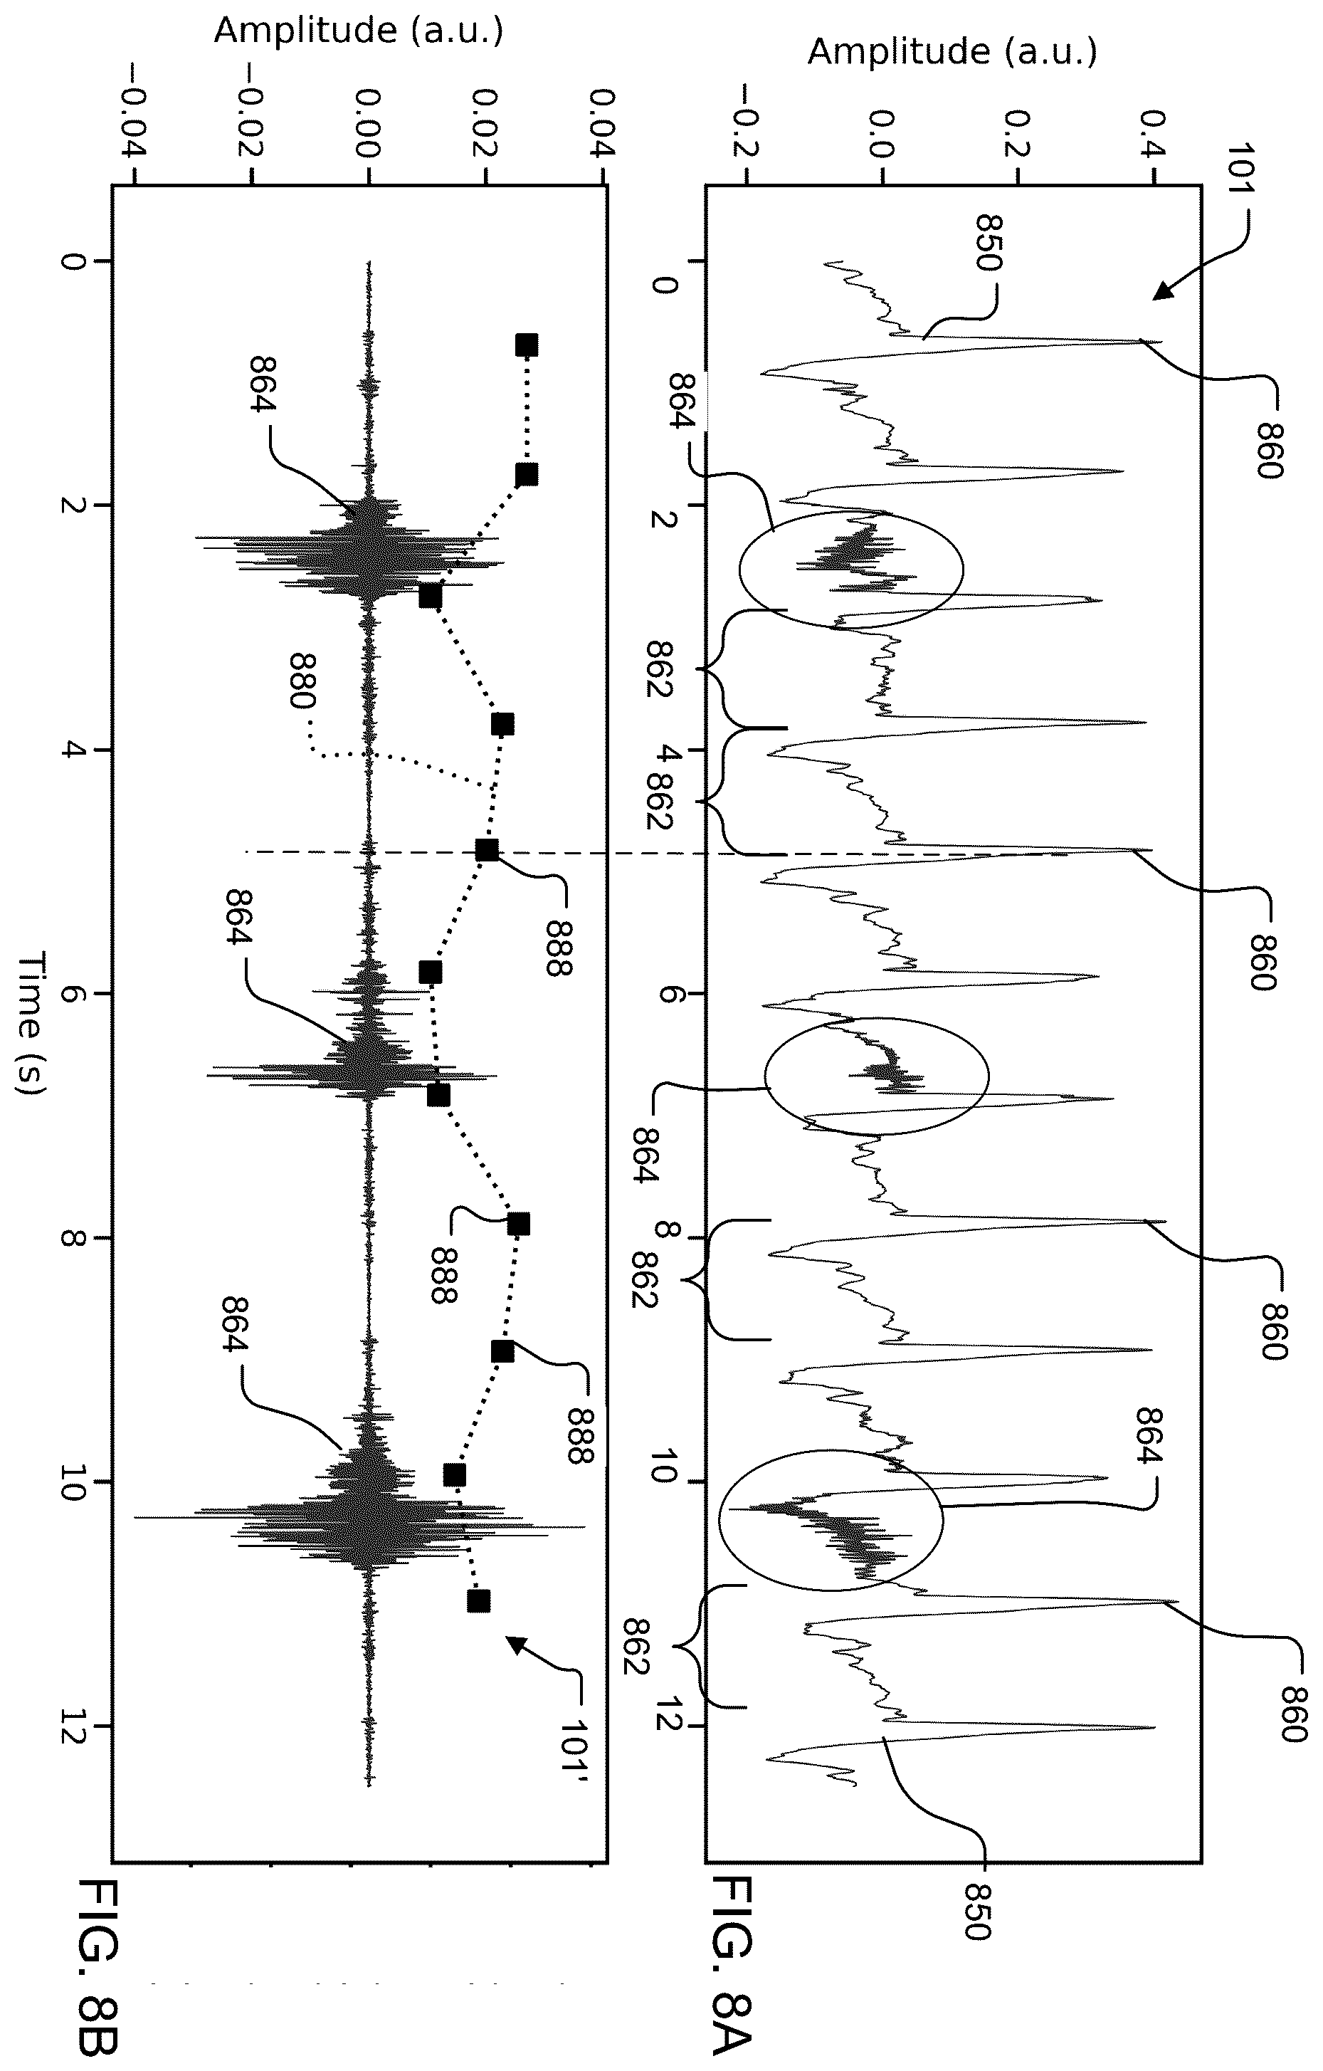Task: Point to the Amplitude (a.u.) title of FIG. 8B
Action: [x=359, y=30]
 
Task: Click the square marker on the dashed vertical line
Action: [x=487, y=851]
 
